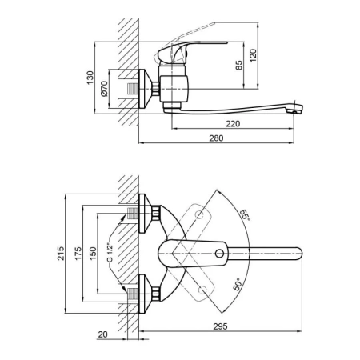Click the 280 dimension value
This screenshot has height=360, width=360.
(216, 138)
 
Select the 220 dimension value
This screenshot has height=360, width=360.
(233, 124)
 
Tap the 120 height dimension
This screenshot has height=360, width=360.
(253, 55)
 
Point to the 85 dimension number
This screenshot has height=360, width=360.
(239, 66)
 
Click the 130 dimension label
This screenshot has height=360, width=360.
(90, 78)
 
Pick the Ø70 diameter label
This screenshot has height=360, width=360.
(104, 89)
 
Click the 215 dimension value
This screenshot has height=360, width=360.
(61, 254)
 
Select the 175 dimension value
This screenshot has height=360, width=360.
(78, 254)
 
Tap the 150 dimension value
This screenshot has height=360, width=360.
(93, 254)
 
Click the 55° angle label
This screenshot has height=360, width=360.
(245, 215)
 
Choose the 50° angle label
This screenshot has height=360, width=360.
(238, 284)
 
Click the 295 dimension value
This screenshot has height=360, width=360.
(220, 326)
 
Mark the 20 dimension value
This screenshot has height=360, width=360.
(102, 334)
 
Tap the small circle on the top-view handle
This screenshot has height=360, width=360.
(219, 254)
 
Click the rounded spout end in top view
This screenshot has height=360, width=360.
(298, 254)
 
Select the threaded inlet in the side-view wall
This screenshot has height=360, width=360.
(133, 89)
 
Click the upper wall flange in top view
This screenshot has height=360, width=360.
(145, 214)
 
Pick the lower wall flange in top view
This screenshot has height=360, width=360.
(145, 294)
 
